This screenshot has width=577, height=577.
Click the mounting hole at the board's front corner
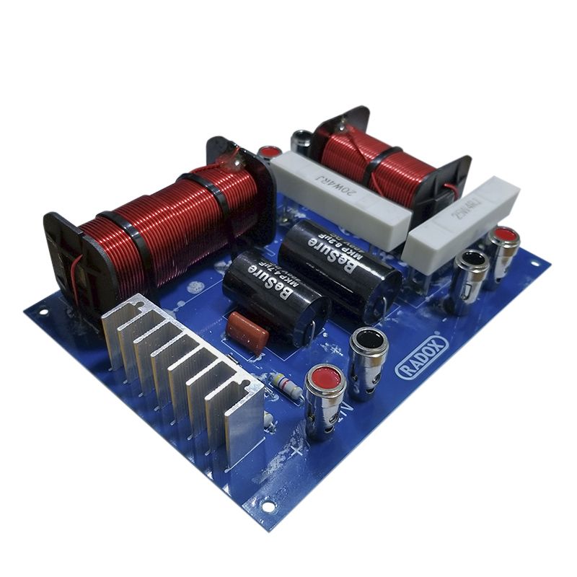(x=268, y=506)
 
